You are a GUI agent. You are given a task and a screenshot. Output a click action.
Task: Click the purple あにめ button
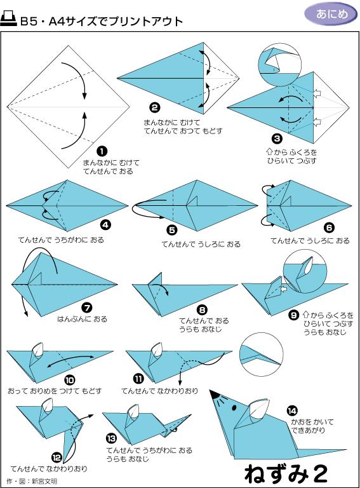coord(331,15)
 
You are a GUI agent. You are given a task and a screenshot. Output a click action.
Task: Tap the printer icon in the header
coord(8,18)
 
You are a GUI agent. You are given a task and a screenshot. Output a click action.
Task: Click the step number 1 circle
coord(102,152)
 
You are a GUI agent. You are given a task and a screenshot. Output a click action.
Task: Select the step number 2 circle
coord(155,108)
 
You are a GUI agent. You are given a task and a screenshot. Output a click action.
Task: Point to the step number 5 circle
coord(171,230)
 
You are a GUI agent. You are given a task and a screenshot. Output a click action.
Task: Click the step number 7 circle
coord(87,308)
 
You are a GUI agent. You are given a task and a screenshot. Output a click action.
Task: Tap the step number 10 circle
coord(70,380)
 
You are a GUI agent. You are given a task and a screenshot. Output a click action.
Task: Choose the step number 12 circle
coord(57,457)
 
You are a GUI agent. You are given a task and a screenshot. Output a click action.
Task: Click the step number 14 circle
coord(292,411)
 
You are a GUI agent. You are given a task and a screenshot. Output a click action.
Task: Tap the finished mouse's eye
coord(234,407)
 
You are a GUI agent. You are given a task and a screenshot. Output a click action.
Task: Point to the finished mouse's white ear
coord(259,408)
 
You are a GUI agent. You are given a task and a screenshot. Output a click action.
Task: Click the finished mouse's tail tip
coord(346,449)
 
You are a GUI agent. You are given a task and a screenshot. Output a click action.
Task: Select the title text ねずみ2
coord(286,474)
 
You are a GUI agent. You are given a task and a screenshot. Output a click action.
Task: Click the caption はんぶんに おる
coord(82,319)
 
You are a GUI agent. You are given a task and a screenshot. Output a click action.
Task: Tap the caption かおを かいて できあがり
coord(312,426)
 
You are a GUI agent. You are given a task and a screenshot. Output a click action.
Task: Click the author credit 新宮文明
coord(44,481)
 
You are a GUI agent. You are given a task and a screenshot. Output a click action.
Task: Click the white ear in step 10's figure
coord(37,349)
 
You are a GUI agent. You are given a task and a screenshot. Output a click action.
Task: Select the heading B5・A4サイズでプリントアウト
coord(102,22)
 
